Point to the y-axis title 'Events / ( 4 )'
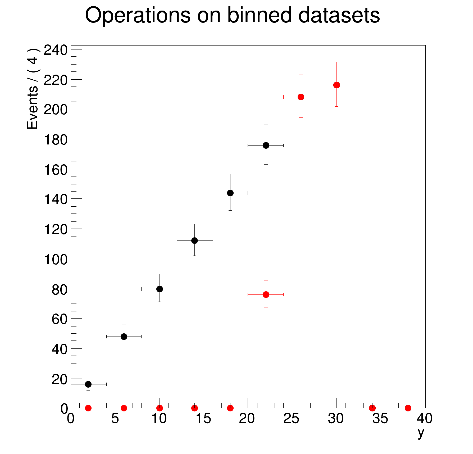(x=33, y=89)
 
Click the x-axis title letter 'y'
(x=421, y=433)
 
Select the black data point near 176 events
(x=266, y=145)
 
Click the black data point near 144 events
(x=230, y=193)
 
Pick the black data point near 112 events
(x=194, y=240)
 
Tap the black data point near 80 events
(x=160, y=289)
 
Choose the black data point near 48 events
(x=124, y=337)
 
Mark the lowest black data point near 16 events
(x=88, y=384)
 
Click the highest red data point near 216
(x=336, y=85)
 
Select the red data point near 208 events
(x=301, y=97)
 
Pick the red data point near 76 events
(x=266, y=294)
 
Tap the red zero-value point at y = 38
(x=408, y=408)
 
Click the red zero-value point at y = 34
(x=372, y=408)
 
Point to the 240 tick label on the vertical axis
(x=56, y=50)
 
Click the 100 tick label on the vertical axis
(x=56, y=260)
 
